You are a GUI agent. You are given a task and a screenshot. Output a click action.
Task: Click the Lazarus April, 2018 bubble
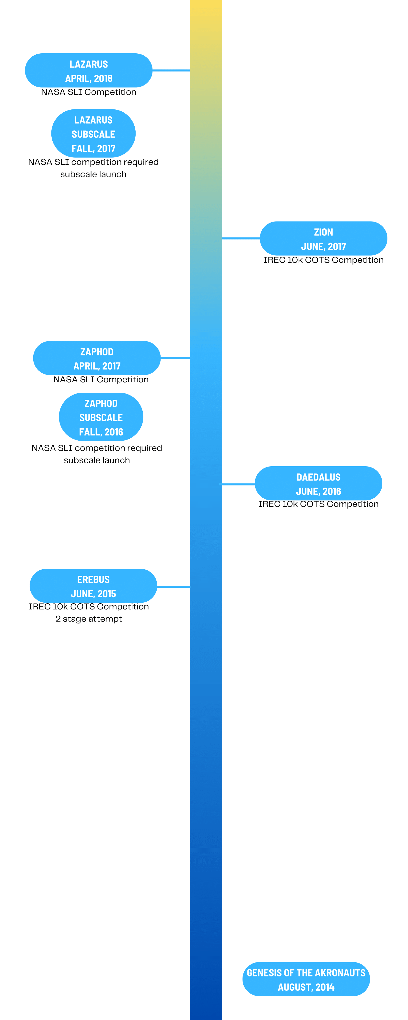89,70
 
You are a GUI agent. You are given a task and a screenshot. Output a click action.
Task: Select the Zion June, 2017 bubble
323,238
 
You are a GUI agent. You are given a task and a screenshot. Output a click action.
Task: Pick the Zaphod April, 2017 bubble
97,358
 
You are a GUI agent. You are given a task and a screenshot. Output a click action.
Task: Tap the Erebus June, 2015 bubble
93,586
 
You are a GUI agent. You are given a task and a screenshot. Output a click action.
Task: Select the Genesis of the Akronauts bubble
306,979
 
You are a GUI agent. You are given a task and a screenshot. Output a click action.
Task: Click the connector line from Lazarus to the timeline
171,70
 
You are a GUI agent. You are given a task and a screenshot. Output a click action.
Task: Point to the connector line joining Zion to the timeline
241,238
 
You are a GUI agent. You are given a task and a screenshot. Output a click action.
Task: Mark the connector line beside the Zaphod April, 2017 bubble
175,358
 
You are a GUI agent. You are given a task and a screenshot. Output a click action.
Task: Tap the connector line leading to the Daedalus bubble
237,484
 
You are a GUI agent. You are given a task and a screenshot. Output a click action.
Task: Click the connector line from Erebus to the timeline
173,586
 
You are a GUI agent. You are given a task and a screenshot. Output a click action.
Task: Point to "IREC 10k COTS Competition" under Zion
323,260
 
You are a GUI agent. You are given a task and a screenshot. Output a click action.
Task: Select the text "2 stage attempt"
89,619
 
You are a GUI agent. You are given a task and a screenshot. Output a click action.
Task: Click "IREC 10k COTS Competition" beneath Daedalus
318,504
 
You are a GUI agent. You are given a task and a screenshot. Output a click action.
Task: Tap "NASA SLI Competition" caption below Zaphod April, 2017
101,380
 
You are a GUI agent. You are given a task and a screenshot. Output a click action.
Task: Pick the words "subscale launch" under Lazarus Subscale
93,175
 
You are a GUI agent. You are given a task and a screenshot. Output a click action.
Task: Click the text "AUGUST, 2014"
306,987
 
